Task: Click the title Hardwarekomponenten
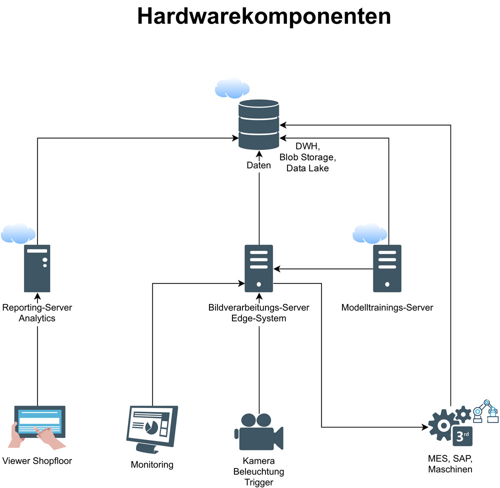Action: point(264,16)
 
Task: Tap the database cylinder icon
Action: point(258,124)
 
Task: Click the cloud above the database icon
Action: point(232,88)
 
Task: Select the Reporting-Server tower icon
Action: point(37,268)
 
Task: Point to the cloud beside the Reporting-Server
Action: point(17,233)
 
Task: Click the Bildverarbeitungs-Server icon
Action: point(258,268)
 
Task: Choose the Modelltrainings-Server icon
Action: point(387,268)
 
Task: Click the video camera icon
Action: point(258,431)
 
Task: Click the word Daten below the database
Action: point(258,165)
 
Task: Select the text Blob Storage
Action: point(307,157)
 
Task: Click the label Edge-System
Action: point(258,318)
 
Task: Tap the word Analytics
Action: point(37,318)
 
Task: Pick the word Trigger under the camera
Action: point(258,482)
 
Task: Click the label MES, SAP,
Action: point(450,459)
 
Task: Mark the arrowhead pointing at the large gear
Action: point(425,427)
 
